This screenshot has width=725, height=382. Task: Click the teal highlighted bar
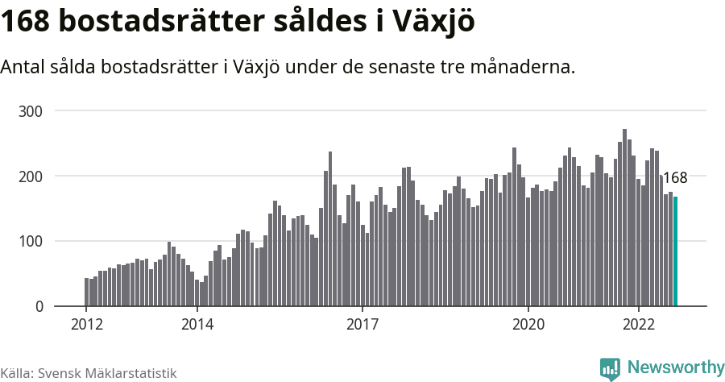point(676,251)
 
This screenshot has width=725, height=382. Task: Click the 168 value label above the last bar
point(675,178)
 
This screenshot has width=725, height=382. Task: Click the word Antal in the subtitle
point(23,67)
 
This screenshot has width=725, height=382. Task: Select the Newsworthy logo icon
point(610,368)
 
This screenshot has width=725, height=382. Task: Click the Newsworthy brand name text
point(675,367)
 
